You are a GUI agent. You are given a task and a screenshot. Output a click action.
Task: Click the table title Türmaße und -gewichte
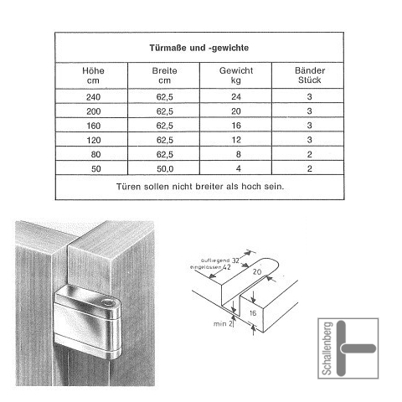tap(199, 48)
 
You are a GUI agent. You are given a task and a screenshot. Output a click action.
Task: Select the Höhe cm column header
tap(93, 75)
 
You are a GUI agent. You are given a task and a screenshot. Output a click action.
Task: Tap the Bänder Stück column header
tap(310, 75)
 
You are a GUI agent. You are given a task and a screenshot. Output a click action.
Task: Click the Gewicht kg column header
tap(236, 75)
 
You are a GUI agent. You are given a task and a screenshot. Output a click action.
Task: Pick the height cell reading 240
tap(93, 97)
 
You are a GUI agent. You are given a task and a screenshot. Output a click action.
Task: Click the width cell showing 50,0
tap(165, 169)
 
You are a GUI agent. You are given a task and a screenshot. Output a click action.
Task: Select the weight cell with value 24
tap(236, 97)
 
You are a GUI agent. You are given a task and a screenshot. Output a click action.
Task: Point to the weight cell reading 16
tap(236, 126)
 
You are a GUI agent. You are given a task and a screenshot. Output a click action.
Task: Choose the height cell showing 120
tap(93, 140)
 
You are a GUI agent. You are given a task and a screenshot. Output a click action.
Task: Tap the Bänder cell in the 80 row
tap(310, 154)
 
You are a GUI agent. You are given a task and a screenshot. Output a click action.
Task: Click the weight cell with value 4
tap(238, 168)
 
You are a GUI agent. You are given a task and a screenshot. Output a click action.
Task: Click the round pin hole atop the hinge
tap(107, 302)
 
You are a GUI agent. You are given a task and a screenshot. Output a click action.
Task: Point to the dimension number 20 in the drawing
tap(257, 271)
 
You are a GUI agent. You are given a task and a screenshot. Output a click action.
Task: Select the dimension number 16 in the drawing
tap(253, 313)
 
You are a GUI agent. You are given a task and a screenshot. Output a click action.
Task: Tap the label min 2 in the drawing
tap(223, 324)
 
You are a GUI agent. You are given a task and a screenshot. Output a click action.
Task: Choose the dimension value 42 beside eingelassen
tap(227, 267)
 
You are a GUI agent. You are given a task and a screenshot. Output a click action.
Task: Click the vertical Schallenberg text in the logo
tap(327, 348)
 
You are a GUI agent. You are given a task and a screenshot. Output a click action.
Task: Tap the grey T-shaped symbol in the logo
tap(342, 348)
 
